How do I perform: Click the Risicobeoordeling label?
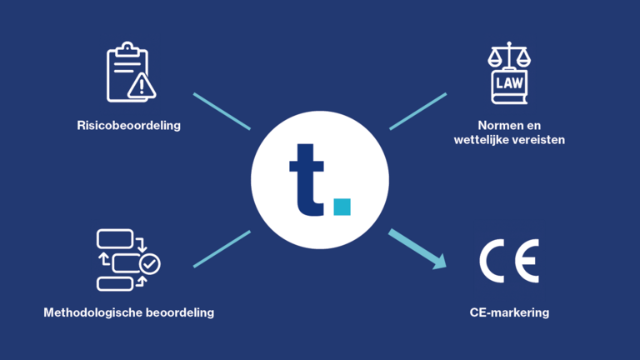(x=128, y=125)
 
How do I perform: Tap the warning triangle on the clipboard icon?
(x=141, y=86)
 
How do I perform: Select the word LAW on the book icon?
(x=509, y=83)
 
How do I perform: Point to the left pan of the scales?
(x=495, y=61)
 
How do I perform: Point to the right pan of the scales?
(x=523, y=61)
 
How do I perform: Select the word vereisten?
(x=537, y=140)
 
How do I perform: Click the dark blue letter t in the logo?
(x=306, y=180)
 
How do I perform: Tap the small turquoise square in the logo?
(x=342, y=207)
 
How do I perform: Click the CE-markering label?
(x=509, y=312)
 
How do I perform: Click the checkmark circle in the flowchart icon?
(x=150, y=264)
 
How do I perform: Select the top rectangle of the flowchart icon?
(x=115, y=239)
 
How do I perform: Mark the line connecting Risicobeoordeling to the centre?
(x=222, y=112)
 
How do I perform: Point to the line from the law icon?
(x=418, y=112)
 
